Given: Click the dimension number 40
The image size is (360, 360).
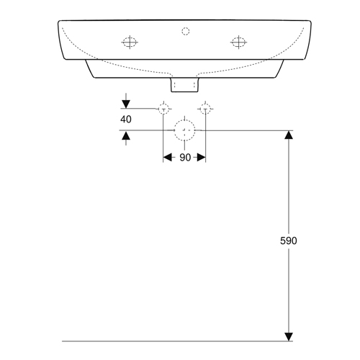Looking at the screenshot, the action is pyautogui.click(x=126, y=120).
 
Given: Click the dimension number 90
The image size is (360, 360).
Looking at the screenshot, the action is pyautogui.click(x=185, y=158).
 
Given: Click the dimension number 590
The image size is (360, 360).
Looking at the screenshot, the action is pyautogui.click(x=289, y=240).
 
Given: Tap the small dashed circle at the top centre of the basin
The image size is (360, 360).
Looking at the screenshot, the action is pyautogui.click(x=186, y=31).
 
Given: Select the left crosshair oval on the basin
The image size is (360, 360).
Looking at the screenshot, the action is pyautogui.click(x=130, y=42).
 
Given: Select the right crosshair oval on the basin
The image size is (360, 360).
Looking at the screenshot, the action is pyautogui.click(x=238, y=42).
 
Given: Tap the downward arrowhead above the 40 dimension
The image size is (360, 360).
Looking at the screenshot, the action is pyautogui.click(x=126, y=104).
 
